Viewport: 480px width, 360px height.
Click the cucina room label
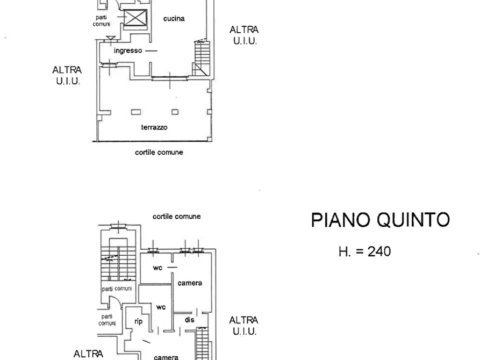pos(174,19)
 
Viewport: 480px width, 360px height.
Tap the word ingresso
pos(128,51)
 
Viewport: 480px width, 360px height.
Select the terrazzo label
pos(154,127)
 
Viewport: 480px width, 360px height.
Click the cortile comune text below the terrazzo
pos(159,152)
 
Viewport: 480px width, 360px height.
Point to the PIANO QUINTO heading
pos(381,219)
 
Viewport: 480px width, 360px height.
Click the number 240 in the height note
pos(379,251)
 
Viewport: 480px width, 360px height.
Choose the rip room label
pos(138,321)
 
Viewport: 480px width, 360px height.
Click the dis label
pos(190,320)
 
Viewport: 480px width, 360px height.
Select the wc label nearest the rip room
pos(161,307)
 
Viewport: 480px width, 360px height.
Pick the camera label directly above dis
pos(190,283)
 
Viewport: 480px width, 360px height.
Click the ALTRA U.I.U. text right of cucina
pos(244,35)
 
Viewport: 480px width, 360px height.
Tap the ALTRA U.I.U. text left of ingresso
pos(67,75)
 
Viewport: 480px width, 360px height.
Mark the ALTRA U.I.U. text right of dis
pos(243,326)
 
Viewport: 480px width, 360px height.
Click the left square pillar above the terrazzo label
pos(136,112)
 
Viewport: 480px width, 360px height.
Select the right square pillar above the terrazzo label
pos(175,112)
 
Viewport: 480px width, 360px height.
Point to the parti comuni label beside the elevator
pos(102,21)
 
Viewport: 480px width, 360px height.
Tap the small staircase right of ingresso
pos(202,59)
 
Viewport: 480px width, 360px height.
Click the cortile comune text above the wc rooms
pos(177,217)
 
